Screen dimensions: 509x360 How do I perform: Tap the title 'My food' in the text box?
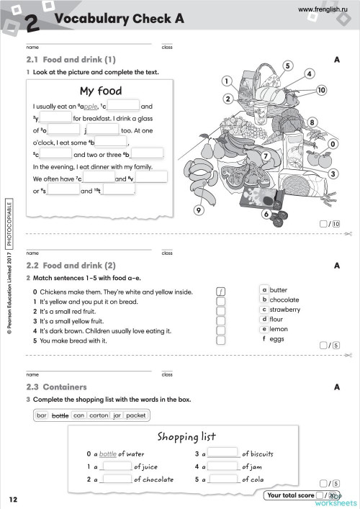100,91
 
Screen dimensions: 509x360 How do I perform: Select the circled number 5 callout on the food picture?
287,66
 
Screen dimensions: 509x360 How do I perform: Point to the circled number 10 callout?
321,90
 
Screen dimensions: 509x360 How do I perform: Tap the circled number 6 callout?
266,214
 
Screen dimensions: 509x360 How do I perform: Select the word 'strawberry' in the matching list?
285,309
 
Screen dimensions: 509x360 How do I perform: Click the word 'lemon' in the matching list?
279,328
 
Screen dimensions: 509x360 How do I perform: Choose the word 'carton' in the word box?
99,415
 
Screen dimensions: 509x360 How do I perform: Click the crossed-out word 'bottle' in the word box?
60,415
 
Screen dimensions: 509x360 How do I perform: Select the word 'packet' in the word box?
135,415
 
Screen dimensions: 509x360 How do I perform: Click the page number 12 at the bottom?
14,499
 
